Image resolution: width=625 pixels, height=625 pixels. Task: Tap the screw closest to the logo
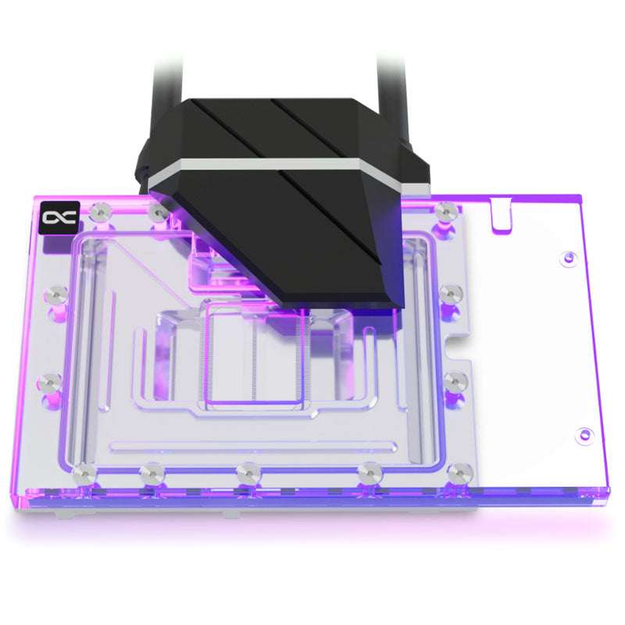[100, 211]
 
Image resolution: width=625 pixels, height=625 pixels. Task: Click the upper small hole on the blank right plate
[568, 256]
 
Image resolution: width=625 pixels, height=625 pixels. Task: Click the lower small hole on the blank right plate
[582, 434]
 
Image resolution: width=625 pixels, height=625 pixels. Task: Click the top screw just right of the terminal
[445, 211]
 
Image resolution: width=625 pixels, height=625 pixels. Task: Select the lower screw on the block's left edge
[49, 382]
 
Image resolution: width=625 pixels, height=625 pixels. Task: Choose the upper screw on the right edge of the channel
[450, 293]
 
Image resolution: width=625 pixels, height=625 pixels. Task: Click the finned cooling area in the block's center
[254, 359]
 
